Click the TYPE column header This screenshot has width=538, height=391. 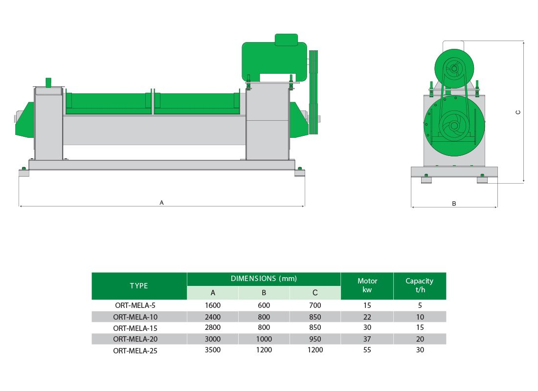pyautogui.click(x=138, y=286)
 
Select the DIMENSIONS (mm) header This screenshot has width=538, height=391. pyautogui.click(x=264, y=279)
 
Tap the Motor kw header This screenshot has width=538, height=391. pyautogui.click(x=367, y=285)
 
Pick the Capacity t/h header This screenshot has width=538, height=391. pyautogui.click(x=419, y=285)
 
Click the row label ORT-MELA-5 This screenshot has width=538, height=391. pyautogui.click(x=135, y=305)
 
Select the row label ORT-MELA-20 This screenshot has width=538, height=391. pyautogui.click(x=135, y=339)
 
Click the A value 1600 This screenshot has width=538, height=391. pyautogui.click(x=213, y=305)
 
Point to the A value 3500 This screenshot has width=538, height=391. pyautogui.click(x=213, y=350)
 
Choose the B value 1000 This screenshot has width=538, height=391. pyautogui.click(x=264, y=339)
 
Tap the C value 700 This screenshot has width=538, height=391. pyautogui.click(x=315, y=305)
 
